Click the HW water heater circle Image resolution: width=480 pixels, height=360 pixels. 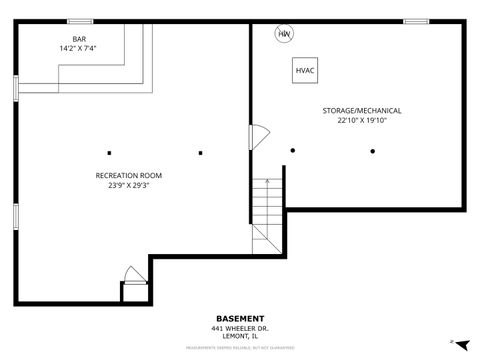point(285,33)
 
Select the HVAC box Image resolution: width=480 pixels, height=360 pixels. point(306,71)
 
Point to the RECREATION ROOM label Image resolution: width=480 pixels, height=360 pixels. point(128,175)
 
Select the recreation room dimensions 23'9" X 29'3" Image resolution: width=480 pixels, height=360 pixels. point(128,185)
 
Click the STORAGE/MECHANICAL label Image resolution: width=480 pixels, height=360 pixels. point(361,110)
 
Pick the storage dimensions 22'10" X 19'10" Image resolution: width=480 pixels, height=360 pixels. point(361,120)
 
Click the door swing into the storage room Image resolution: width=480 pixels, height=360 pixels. point(256,137)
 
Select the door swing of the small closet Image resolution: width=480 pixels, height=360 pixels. point(132,274)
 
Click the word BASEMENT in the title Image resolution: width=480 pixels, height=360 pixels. point(240,319)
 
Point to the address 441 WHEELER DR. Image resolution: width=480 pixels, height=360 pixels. point(240,329)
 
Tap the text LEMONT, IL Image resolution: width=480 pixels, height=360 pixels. point(240,337)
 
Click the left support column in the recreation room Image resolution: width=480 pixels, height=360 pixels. point(110,153)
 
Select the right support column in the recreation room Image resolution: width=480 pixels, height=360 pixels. point(200,153)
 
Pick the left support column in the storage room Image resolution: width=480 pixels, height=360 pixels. point(293,151)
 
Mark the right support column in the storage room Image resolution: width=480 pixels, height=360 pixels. point(372,151)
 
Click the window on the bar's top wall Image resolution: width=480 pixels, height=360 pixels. point(79,21)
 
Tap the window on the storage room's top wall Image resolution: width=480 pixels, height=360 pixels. point(416,21)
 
